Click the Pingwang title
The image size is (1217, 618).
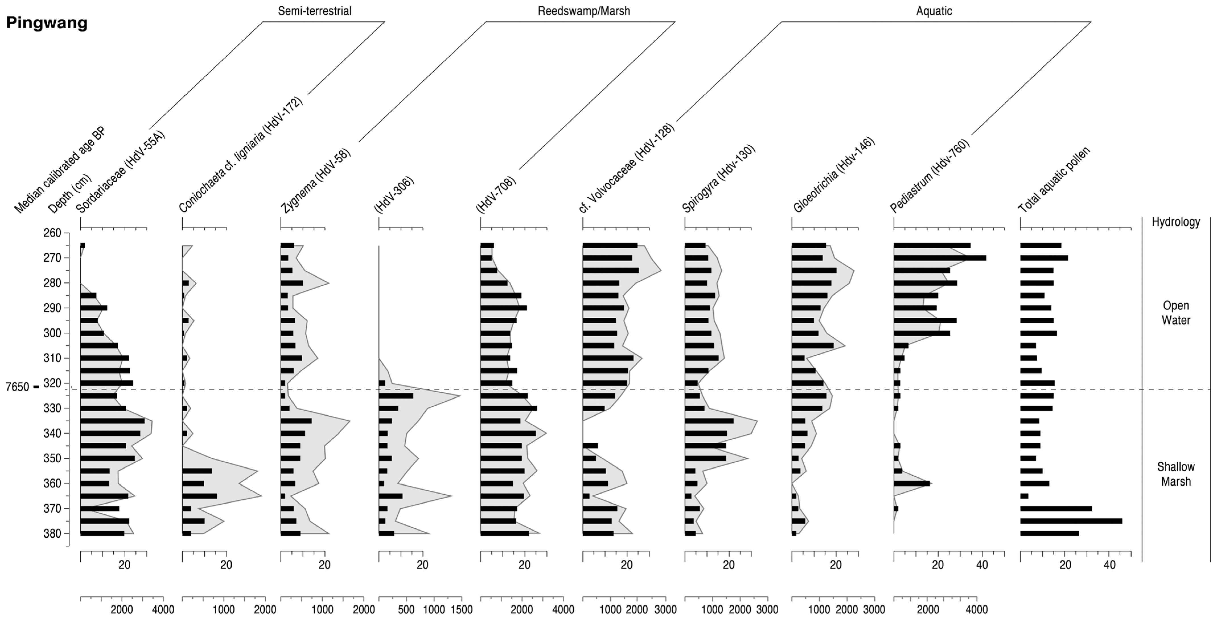tap(47, 23)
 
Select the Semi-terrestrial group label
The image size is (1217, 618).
tap(315, 11)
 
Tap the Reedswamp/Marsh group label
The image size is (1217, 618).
tap(584, 11)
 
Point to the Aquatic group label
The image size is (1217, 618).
tap(934, 11)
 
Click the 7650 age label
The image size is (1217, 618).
tap(17, 387)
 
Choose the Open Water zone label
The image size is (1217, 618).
tap(1175, 313)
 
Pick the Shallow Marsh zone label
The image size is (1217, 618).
tap(1175, 474)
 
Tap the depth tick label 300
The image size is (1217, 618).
tap(52, 333)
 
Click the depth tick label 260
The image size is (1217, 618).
tap(52, 233)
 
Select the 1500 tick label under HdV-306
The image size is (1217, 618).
tap(461, 609)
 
